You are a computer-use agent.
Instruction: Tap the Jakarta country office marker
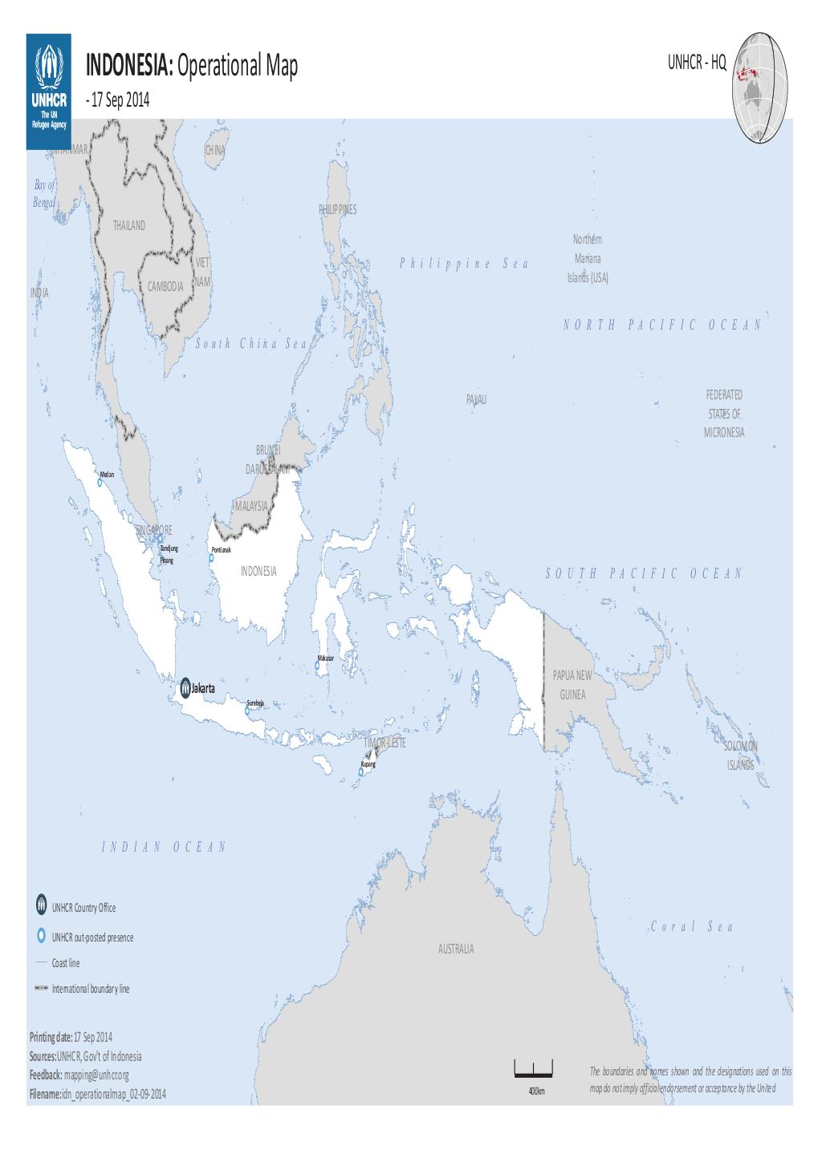coord(185,687)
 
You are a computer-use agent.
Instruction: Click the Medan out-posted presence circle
coord(100,483)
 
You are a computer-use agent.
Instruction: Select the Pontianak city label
coord(221,550)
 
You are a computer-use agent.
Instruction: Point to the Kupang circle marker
coord(361,772)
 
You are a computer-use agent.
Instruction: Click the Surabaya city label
coord(255,703)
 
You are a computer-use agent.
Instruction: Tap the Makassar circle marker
coord(317,665)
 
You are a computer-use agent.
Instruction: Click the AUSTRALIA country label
coord(456,949)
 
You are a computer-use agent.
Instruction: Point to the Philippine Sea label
coord(464,264)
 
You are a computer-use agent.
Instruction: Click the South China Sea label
coord(251,343)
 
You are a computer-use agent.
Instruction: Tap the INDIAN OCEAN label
coord(165,847)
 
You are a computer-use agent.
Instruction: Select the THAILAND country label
coord(129,225)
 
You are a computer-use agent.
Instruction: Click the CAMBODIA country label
coord(166,286)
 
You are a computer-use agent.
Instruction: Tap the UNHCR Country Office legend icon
coord(41,906)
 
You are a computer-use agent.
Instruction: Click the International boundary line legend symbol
coord(41,989)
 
